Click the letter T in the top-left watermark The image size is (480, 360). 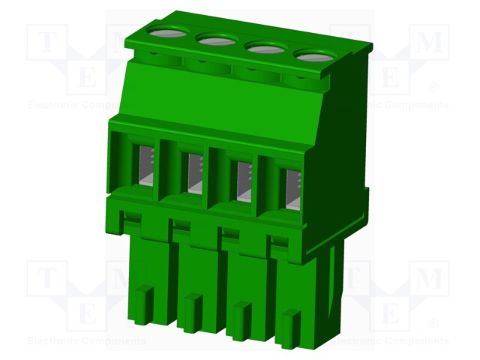click(46, 43)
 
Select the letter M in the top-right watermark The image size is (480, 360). click(430, 43)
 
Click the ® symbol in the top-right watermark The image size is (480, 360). click(433, 88)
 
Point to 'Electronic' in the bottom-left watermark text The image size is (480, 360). click(52, 341)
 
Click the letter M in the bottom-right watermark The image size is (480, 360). click(430, 280)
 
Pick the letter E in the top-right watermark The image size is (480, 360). click(390, 76)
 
